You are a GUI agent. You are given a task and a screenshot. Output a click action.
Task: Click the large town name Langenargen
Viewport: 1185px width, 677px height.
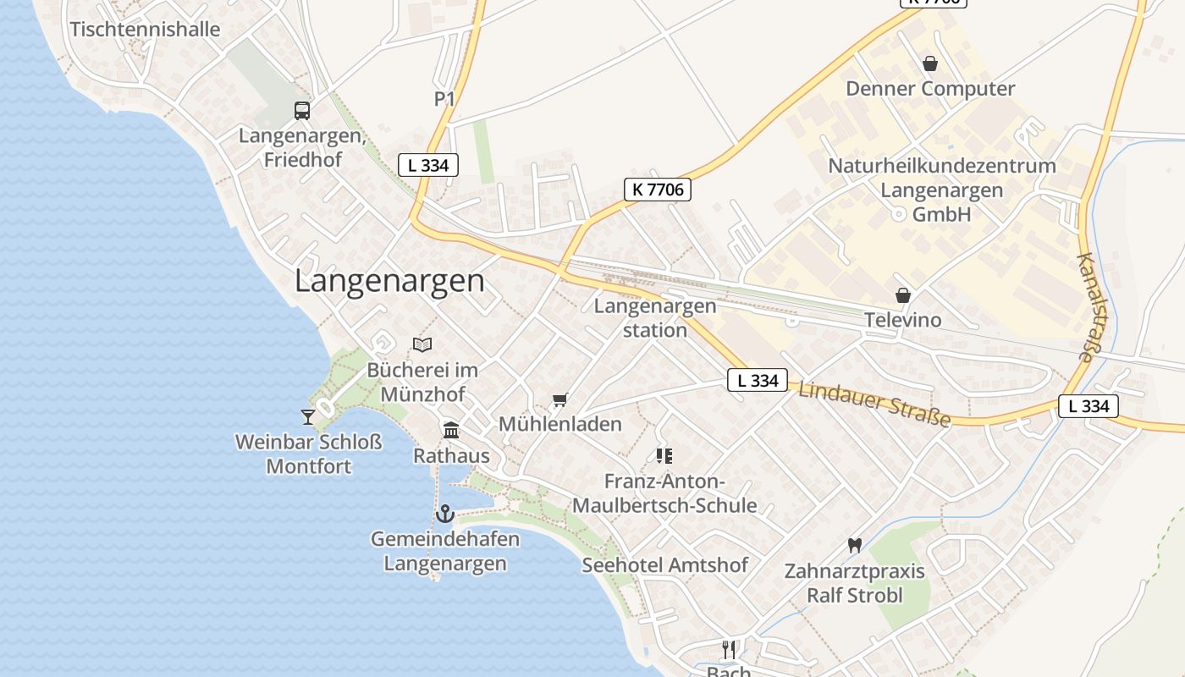(389, 281)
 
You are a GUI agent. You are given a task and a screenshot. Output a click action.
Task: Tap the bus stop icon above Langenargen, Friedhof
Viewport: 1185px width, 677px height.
(301, 110)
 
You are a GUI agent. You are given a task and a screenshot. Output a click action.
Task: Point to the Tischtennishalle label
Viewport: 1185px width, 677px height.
(145, 30)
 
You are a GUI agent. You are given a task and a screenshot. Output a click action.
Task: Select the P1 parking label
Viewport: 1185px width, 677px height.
(444, 100)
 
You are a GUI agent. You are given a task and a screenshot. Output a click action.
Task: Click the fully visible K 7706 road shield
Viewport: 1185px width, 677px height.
(658, 190)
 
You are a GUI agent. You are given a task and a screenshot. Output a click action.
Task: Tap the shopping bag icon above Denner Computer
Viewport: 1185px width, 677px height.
(930, 63)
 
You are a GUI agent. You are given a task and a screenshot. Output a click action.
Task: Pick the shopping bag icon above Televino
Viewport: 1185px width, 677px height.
(903, 295)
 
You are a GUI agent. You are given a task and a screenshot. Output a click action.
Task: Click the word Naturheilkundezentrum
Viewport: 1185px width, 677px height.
(941, 166)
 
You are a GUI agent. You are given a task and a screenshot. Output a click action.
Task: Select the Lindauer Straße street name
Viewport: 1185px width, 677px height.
(874, 405)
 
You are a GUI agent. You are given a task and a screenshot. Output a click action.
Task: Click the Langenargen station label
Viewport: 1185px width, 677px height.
(654, 317)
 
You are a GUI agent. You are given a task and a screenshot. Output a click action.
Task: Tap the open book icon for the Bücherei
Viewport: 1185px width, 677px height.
(422, 344)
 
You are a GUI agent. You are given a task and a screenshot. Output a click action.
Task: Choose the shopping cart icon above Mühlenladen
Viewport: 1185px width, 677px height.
(559, 399)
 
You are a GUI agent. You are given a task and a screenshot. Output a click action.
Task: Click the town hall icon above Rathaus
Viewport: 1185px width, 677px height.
(451, 431)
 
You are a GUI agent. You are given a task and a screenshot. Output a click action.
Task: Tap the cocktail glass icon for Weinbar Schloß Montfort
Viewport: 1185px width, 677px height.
(307, 416)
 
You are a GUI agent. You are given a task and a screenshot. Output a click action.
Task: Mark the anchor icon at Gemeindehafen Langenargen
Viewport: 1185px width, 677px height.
(444, 514)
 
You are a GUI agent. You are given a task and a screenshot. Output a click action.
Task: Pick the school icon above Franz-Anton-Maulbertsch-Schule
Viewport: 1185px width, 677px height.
(664, 456)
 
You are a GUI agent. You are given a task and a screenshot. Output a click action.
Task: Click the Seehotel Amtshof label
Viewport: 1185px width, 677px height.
(664, 565)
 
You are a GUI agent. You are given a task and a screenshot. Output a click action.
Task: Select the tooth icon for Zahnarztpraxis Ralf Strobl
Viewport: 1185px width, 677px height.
(854, 546)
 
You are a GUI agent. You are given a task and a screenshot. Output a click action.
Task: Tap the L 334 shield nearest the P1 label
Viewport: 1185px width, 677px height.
(428, 165)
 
